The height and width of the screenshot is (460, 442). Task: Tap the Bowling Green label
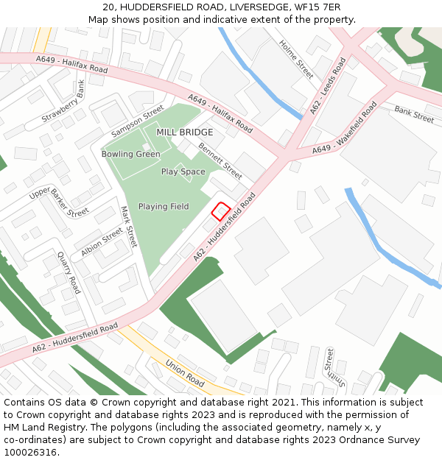pyautogui.click(x=130, y=154)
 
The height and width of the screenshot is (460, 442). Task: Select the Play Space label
pyautogui.click(x=183, y=171)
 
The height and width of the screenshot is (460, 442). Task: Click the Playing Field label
pyautogui.click(x=164, y=207)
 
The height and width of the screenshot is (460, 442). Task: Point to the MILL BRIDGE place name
pyautogui.click(x=185, y=132)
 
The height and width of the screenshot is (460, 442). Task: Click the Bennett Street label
pyautogui.click(x=220, y=161)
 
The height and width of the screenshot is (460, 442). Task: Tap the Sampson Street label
pyautogui.click(x=137, y=121)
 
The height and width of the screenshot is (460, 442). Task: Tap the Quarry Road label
pyautogui.click(x=69, y=272)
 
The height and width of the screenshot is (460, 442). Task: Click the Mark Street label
pyautogui.click(x=128, y=227)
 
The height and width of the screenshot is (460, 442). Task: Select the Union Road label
pyautogui.click(x=185, y=372)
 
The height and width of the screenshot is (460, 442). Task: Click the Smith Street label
pyautogui.click(x=336, y=369)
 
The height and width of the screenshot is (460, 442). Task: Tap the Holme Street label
pyautogui.click(x=296, y=59)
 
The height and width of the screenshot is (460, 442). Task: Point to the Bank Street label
pyautogui.click(x=414, y=113)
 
